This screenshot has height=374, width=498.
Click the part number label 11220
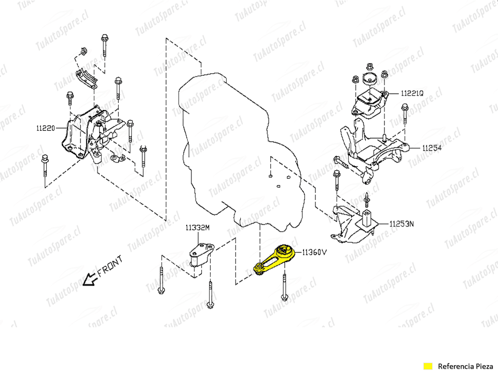point(46,128)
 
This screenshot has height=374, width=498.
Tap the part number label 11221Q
point(412,93)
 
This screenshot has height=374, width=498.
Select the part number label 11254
point(432,148)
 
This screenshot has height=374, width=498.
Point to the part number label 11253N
point(402,224)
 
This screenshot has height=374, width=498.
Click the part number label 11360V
point(314,252)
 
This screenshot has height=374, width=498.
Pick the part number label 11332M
point(198,228)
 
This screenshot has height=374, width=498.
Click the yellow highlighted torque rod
point(274,260)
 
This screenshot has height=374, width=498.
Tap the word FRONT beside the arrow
point(110,265)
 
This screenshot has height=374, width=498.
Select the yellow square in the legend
point(428,366)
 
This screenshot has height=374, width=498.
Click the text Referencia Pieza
point(465,366)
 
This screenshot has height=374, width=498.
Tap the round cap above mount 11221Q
point(369,79)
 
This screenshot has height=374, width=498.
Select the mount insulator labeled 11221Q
point(369,103)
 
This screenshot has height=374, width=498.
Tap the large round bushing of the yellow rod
point(284,250)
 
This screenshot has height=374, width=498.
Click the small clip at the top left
point(84,51)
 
